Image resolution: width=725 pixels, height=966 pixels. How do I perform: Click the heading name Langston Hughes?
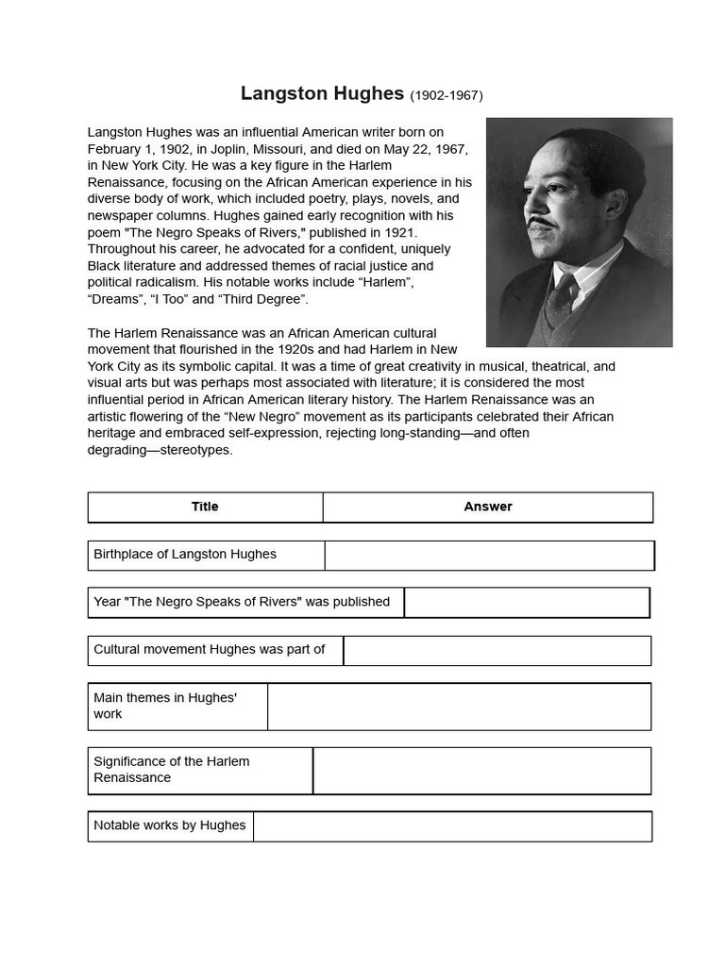pos(322,93)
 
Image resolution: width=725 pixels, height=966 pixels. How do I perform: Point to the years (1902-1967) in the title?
pos(447,95)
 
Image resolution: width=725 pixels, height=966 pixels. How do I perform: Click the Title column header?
pos(205,507)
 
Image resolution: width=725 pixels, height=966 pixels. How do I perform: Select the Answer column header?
pos(487,507)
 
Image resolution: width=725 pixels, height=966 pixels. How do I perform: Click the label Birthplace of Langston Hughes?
pos(185,555)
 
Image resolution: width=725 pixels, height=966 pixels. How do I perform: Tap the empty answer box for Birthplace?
pos(489,556)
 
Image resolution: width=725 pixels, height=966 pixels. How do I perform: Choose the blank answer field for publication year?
pos(527,603)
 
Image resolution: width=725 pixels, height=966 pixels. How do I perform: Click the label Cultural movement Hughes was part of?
pos(210,650)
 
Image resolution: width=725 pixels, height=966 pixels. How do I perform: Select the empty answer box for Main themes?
pos(459,707)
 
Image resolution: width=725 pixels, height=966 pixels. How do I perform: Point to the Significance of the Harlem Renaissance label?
pos(172,770)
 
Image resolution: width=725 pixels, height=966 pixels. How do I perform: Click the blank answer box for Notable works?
pos(452,826)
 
